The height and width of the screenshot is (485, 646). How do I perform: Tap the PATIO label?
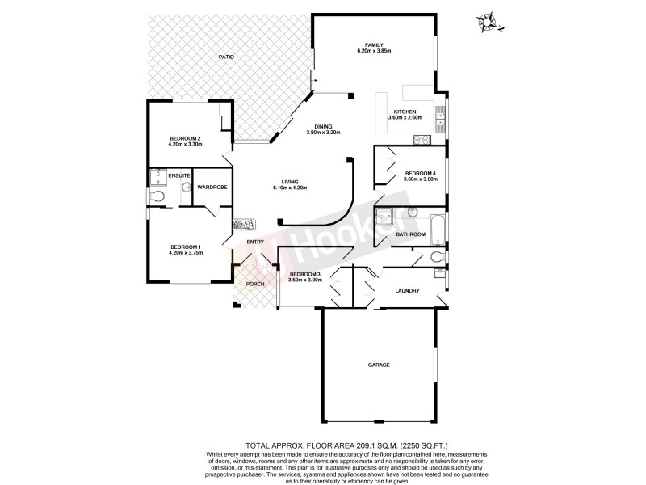coord(226,57)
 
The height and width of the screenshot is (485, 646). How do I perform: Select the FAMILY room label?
coord(373,44)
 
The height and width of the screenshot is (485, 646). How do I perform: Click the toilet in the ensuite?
coord(157,195)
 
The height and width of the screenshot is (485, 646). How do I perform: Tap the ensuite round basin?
coord(187,188)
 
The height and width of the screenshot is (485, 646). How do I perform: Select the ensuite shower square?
coord(156,176)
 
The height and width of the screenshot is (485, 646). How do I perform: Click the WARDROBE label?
coord(212,187)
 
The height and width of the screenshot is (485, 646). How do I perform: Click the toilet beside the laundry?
coord(437,257)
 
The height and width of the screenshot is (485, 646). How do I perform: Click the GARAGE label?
coord(379,365)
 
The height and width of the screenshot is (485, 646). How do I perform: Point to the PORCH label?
coord(255,284)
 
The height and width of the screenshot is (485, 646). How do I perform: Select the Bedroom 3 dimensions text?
coord(305,280)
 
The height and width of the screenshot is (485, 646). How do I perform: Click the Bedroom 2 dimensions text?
coord(185,144)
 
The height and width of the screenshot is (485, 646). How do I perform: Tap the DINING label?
coord(325,126)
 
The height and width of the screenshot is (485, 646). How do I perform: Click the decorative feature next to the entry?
coord(243,227)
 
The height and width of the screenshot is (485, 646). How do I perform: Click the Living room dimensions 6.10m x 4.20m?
coord(290,188)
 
